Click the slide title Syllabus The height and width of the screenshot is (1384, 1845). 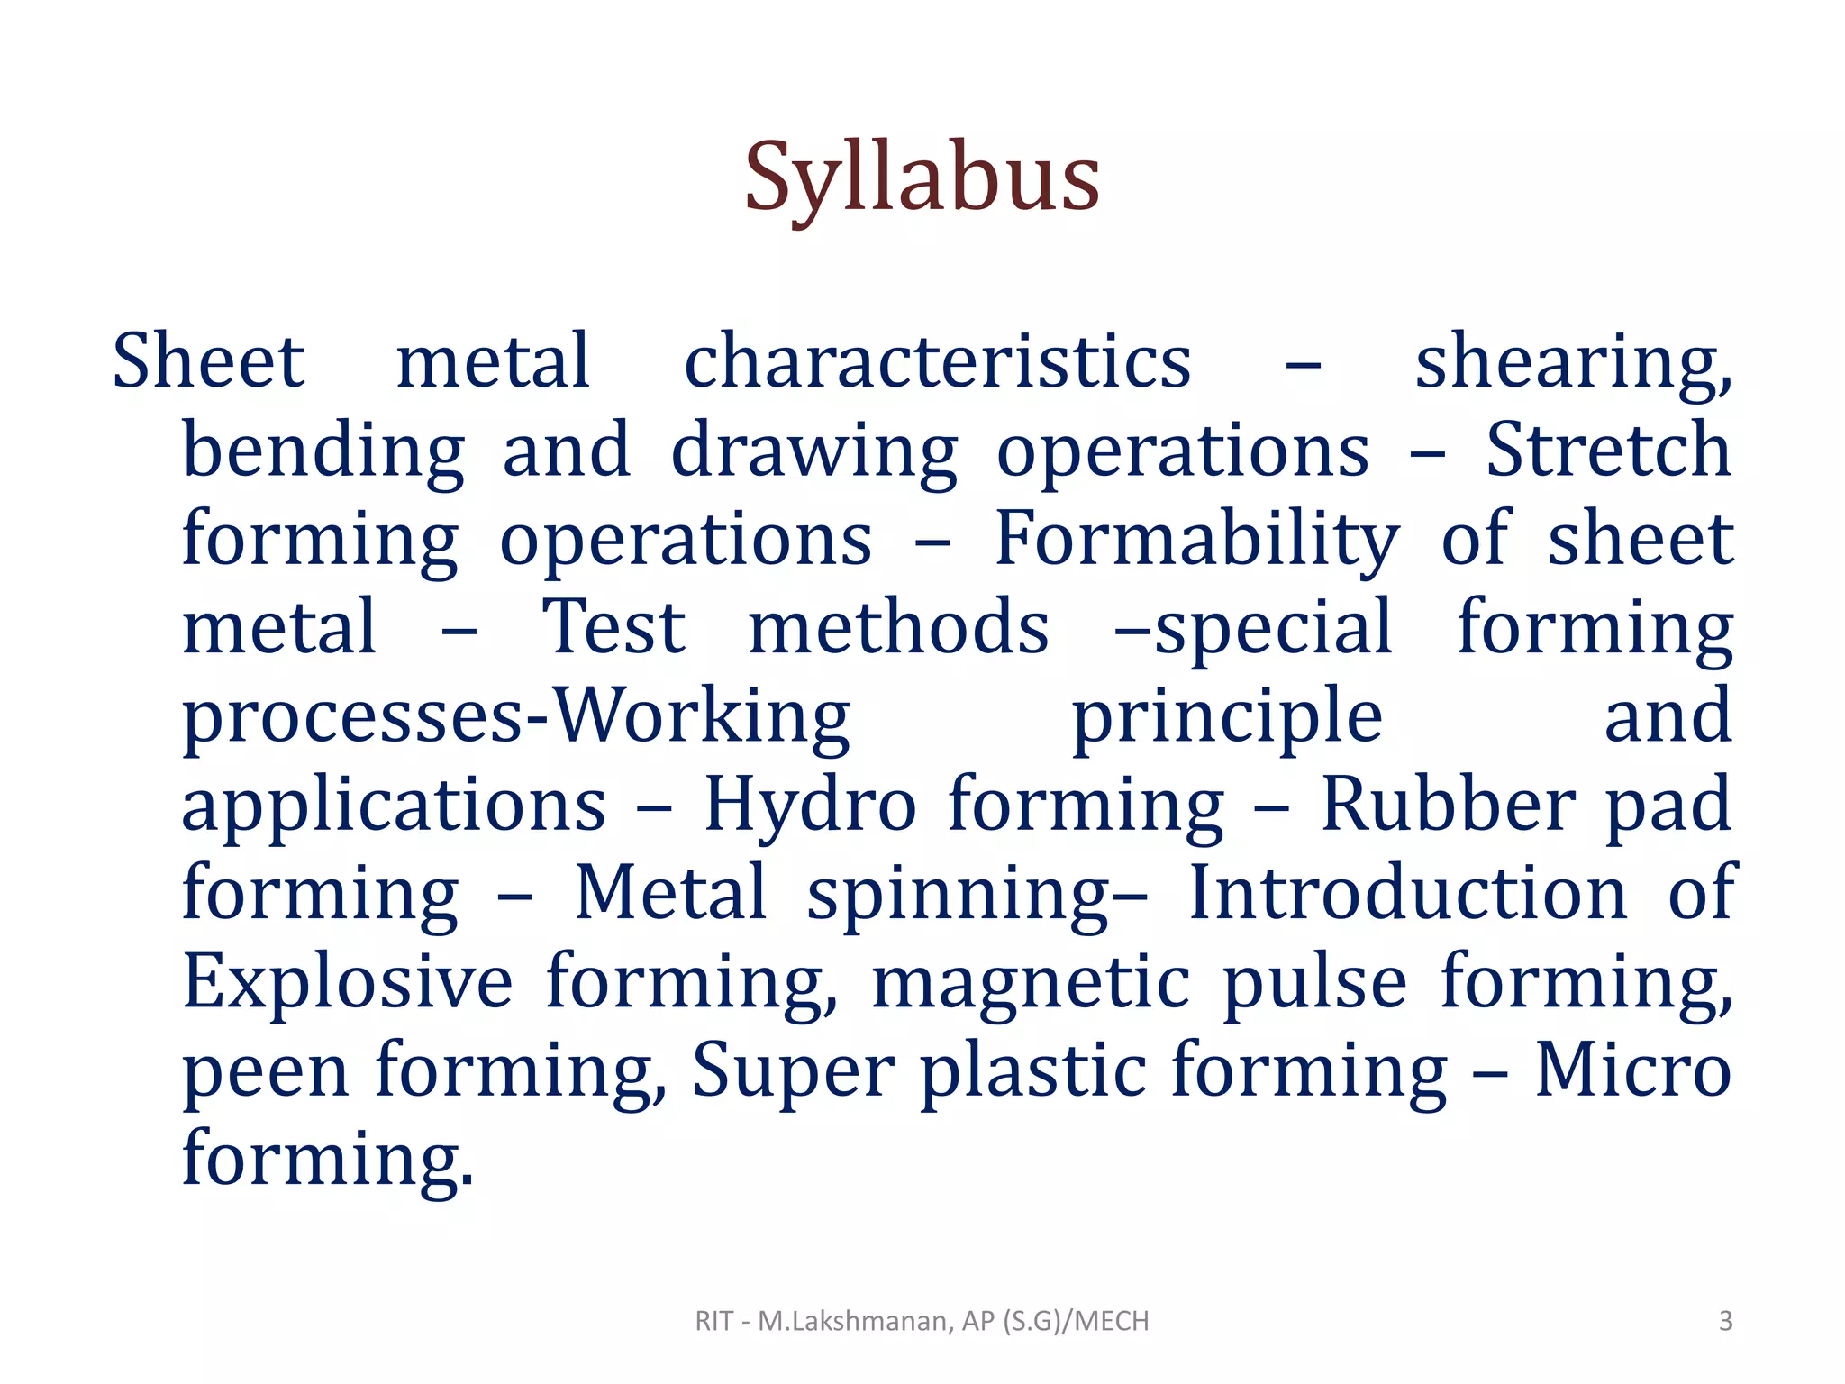click(922, 178)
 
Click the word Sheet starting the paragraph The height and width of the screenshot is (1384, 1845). click(208, 361)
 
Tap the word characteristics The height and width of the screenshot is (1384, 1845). click(937, 361)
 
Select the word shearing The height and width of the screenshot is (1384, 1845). click(1572, 363)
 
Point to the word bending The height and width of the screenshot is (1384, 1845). click(323, 451)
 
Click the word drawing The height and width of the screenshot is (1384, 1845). click(813, 451)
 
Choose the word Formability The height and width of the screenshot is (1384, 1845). click(1196, 539)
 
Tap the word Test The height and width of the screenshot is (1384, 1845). click(613, 627)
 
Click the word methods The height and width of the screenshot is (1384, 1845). click(898, 627)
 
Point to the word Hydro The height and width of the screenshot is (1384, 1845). click(809, 804)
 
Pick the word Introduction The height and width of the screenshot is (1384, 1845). click(1408, 892)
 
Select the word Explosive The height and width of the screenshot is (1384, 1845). click(348, 980)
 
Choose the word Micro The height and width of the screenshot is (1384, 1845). click(1632, 1069)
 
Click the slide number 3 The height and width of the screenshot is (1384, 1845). click(1725, 1321)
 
